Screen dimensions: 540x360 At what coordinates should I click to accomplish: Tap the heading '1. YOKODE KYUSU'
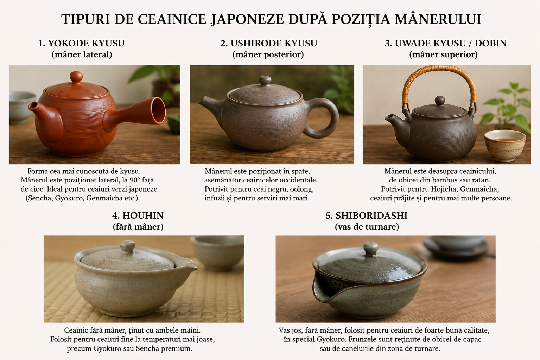click(82, 43)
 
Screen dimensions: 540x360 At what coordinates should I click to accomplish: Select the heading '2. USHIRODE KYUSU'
click(269, 43)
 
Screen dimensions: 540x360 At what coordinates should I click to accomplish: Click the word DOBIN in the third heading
click(491, 43)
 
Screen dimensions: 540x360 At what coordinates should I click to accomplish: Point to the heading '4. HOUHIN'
click(138, 216)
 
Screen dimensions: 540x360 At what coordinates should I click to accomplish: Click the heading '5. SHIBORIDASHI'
click(367, 216)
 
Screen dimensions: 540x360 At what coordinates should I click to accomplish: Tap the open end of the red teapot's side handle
click(158, 111)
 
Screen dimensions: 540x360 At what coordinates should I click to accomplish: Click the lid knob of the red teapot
click(76, 77)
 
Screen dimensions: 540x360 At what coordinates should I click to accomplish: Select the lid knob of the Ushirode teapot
click(265, 81)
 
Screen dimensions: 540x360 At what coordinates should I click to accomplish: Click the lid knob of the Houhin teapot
click(127, 247)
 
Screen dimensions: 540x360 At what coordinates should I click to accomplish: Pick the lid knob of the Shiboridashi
click(371, 249)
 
